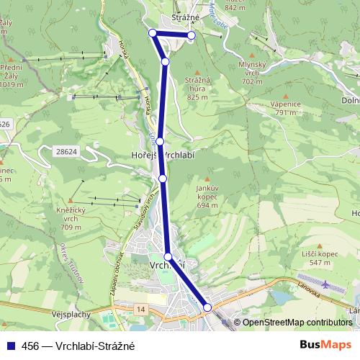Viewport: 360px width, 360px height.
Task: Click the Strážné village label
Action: tap(174, 17)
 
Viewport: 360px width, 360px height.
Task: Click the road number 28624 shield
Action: tap(66, 151)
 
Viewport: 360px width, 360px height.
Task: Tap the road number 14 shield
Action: tap(140, 308)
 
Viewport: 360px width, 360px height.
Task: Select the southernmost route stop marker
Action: tap(207, 307)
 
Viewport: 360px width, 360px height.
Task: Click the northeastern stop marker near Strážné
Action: tap(191, 35)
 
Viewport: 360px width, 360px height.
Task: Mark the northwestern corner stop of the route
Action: tap(152, 32)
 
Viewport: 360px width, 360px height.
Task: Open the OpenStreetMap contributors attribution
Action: tap(297, 323)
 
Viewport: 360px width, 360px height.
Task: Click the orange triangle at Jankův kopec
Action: tap(207, 179)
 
